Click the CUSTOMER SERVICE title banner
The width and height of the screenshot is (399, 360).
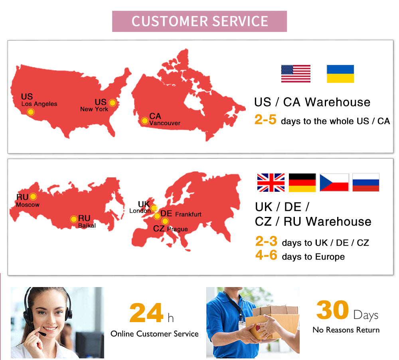[199, 22]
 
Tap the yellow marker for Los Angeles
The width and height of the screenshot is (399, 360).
[31, 112]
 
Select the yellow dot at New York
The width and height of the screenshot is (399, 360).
[113, 103]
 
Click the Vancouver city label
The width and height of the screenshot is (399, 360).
[165, 123]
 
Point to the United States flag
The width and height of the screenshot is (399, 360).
[296, 74]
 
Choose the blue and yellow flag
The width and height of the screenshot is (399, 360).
[340, 74]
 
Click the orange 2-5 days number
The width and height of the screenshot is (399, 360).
[265, 120]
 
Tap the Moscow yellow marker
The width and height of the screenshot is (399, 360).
[33, 197]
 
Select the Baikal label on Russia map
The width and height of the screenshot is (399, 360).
[87, 226]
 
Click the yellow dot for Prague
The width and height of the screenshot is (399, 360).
[165, 221]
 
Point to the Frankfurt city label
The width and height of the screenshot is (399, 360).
[188, 214]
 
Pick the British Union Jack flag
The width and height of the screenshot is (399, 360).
[271, 183]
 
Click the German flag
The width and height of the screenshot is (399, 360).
[302, 183]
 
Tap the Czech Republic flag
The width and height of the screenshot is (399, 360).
[334, 183]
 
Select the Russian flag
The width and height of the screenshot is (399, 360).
[366, 183]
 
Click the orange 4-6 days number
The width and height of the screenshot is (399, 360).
[266, 255]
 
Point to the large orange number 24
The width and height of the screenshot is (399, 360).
[146, 313]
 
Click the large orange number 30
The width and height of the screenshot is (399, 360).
[332, 310]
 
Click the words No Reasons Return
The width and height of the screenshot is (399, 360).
[346, 330]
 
